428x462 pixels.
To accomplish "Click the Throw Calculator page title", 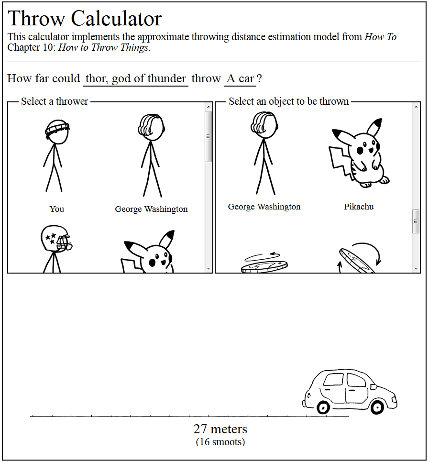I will (x=85, y=19).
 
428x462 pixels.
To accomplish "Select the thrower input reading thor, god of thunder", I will (x=136, y=78).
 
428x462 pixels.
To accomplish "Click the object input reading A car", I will (x=240, y=78).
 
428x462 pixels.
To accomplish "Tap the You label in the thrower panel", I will (x=56, y=209).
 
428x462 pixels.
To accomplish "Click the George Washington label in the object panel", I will (x=264, y=207).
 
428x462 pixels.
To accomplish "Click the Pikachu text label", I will (x=359, y=207).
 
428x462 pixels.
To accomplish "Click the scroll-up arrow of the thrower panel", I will (x=209, y=107).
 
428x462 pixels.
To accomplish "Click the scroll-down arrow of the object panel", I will (x=416, y=269).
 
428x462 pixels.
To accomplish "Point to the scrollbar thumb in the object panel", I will (x=416, y=221).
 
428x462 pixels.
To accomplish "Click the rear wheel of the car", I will (x=323, y=407).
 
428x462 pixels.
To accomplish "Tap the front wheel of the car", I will (x=377, y=407).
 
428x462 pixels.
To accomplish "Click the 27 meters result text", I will (x=220, y=429).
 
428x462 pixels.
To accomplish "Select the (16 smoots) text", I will (x=220, y=441).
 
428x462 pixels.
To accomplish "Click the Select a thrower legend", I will (x=55, y=101).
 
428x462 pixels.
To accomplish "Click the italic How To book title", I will (x=381, y=37).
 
